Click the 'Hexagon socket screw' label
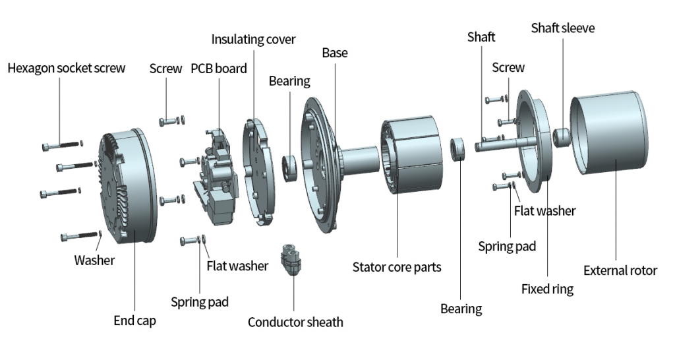(66, 68)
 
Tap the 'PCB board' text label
(219, 69)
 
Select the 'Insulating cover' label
(253, 39)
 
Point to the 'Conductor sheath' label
(295, 322)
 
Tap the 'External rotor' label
(620, 270)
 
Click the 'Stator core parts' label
(397, 267)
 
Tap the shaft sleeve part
(561, 137)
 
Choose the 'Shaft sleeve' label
(563, 28)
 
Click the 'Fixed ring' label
(547, 289)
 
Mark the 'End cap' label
(134, 321)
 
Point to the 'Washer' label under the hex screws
(94, 260)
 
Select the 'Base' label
(335, 52)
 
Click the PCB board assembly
(214, 175)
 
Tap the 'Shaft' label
(481, 36)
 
